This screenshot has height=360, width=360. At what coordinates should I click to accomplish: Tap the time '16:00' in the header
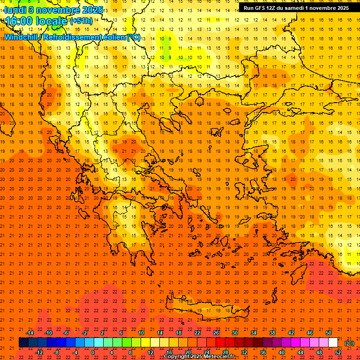[20, 21]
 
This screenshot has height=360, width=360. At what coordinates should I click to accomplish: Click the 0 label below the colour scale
[93, 352]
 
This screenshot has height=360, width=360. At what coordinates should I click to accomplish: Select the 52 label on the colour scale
[338, 352]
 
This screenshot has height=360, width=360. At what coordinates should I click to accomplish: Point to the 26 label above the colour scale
[216, 333]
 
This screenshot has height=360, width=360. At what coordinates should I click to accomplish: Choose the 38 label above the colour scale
[272, 333]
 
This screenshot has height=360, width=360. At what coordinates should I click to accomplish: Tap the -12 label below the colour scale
[39, 352]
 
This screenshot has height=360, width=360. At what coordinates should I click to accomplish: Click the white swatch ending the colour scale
[333, 343]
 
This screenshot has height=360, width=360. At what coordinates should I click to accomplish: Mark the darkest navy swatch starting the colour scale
[23, 343]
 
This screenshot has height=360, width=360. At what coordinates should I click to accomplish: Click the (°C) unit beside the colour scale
[349, 343]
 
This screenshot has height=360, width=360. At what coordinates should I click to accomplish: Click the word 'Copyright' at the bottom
[178, 357]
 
